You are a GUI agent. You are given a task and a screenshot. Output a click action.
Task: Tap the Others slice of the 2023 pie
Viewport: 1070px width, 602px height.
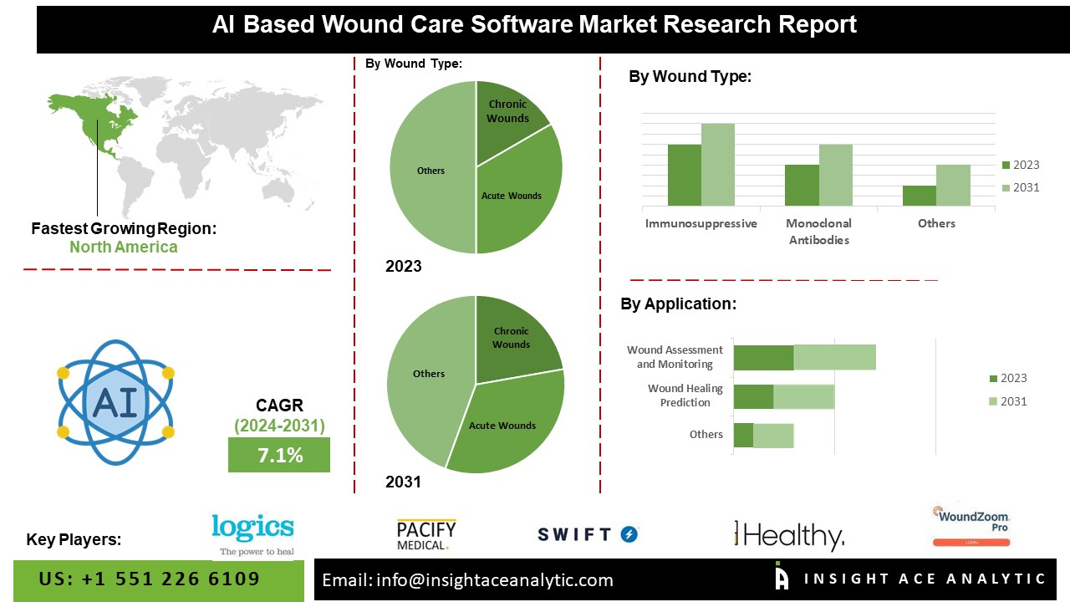pos(431,171)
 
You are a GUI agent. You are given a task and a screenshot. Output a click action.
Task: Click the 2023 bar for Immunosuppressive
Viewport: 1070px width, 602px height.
pos(684,176)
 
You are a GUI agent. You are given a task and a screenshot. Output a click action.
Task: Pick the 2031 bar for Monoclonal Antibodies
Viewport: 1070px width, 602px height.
pos(835,176)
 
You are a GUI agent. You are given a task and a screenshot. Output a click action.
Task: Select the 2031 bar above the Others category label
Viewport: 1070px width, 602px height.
pos(953,186)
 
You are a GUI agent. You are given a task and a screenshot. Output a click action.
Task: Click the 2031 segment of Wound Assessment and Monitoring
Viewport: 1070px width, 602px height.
pos(834,357)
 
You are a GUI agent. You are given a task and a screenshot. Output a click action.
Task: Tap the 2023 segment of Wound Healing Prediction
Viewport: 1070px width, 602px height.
pos(753,396)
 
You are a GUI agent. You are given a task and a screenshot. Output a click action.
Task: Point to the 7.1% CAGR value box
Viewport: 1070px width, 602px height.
pos(278,456)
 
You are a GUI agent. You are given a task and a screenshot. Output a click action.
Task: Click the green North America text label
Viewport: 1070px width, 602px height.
pos(124,247)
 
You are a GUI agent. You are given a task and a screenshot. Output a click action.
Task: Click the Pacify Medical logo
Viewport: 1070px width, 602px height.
pos(426,534)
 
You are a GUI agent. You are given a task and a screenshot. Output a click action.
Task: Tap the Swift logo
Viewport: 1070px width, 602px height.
pos(588,534)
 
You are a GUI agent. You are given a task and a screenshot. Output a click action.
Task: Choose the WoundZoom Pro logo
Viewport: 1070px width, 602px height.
pos(971,525)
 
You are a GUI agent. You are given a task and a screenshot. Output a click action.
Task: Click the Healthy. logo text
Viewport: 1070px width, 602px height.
pos(790,536)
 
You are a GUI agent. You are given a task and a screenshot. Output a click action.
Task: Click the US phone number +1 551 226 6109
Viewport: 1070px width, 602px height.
pos(150,579)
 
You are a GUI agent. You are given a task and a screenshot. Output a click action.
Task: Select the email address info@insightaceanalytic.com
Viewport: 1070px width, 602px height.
pos(468,580)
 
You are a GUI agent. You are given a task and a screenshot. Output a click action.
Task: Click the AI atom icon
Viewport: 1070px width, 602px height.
pos(115,402)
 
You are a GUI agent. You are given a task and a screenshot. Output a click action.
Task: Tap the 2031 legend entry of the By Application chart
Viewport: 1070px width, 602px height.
pos(1007,401)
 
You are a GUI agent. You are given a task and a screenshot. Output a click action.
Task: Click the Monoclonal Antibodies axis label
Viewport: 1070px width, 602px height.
pos(818,232)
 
